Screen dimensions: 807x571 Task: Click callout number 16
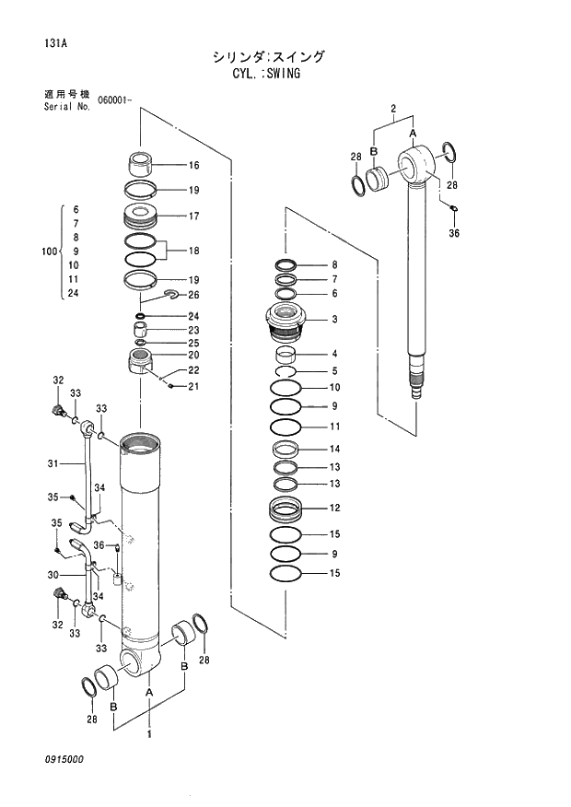[x=193, y=166]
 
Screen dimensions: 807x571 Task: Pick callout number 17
[x=193, y=216]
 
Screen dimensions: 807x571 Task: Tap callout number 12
[x=335, y=508]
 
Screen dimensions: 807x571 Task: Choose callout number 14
[x=335, y=450]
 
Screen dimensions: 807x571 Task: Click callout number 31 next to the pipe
[x=52, y=462]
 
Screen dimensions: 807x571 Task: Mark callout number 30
[x=52, y=575]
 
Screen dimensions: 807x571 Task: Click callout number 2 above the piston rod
[x=393, y=110]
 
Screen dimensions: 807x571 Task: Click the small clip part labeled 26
[x=171, y=295]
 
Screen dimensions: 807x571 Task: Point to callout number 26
[x=193, y=296]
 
